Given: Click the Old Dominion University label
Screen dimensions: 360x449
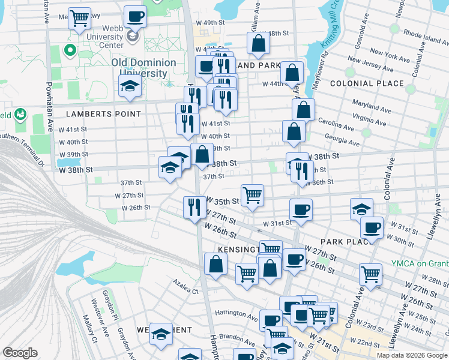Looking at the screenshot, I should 143,67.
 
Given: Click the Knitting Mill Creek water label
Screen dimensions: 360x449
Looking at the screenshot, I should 328,28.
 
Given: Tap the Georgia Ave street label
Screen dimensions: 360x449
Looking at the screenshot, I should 342,140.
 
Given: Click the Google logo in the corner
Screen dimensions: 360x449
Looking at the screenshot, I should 20,353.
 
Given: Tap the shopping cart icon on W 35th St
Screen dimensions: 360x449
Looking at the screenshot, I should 253,194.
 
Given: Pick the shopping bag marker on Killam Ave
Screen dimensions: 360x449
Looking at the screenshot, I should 258,43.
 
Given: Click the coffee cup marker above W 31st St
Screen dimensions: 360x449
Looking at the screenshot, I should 301,209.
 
